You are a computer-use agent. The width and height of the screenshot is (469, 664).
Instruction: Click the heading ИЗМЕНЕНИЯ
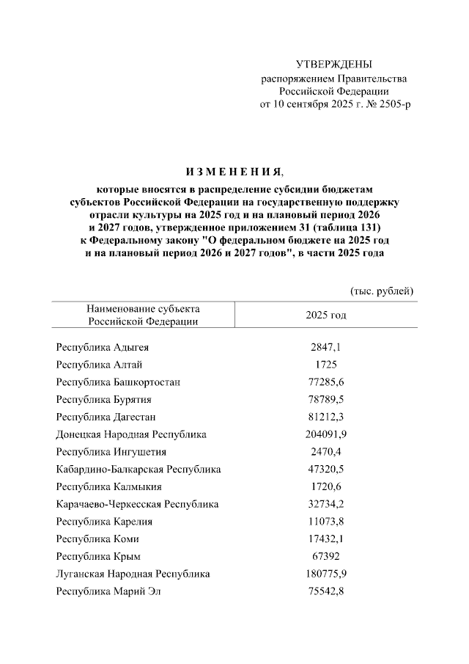pyautogui.click(x=234, y=172)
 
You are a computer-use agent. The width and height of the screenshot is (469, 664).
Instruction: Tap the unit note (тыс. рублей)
pyautogui.click(x=383, y=291)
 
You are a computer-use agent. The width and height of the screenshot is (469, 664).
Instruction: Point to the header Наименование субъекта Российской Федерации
pyautogui.click(x=143, y=315)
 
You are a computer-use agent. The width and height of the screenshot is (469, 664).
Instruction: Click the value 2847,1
pyautogui.click(x=325, y=347)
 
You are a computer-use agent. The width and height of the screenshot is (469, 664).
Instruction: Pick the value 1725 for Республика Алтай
pyautogui.click(x=325, y=365)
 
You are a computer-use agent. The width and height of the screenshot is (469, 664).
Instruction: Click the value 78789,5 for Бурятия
pyautogui.click(x=325, y=399)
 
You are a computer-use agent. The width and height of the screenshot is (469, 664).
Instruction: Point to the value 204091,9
pyautogui.click(x=325, y=434)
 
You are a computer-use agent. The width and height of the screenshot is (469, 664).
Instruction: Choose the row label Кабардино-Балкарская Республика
pyautogui.click(x=139, y=469)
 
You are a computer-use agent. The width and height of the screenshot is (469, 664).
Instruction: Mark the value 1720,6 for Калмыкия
pyautogui.click(x=325, y=486)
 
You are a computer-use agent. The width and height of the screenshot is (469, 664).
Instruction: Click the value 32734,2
pyautogui.click(x=325, y=504)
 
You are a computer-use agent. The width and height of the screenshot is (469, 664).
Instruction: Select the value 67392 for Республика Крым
pyautogui.click(x=325, y=556)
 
